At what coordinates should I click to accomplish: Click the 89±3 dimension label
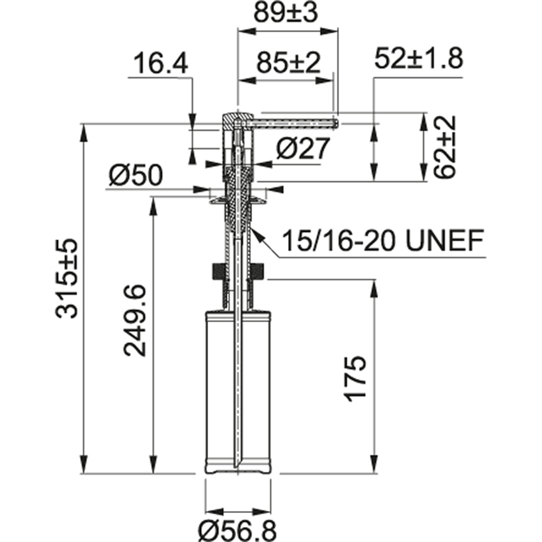tap(287, 13)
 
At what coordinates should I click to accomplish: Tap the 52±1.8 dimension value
tap(418, 59)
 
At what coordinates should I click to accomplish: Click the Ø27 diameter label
tap(303, 149)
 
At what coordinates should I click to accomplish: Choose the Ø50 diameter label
tap(135, 175)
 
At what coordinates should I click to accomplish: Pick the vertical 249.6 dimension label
tap(135, 320)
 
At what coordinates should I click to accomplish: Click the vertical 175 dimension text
tap(355, 378)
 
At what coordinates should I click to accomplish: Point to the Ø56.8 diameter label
tap(237, 530)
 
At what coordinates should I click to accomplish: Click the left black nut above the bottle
tap(216, 273)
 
